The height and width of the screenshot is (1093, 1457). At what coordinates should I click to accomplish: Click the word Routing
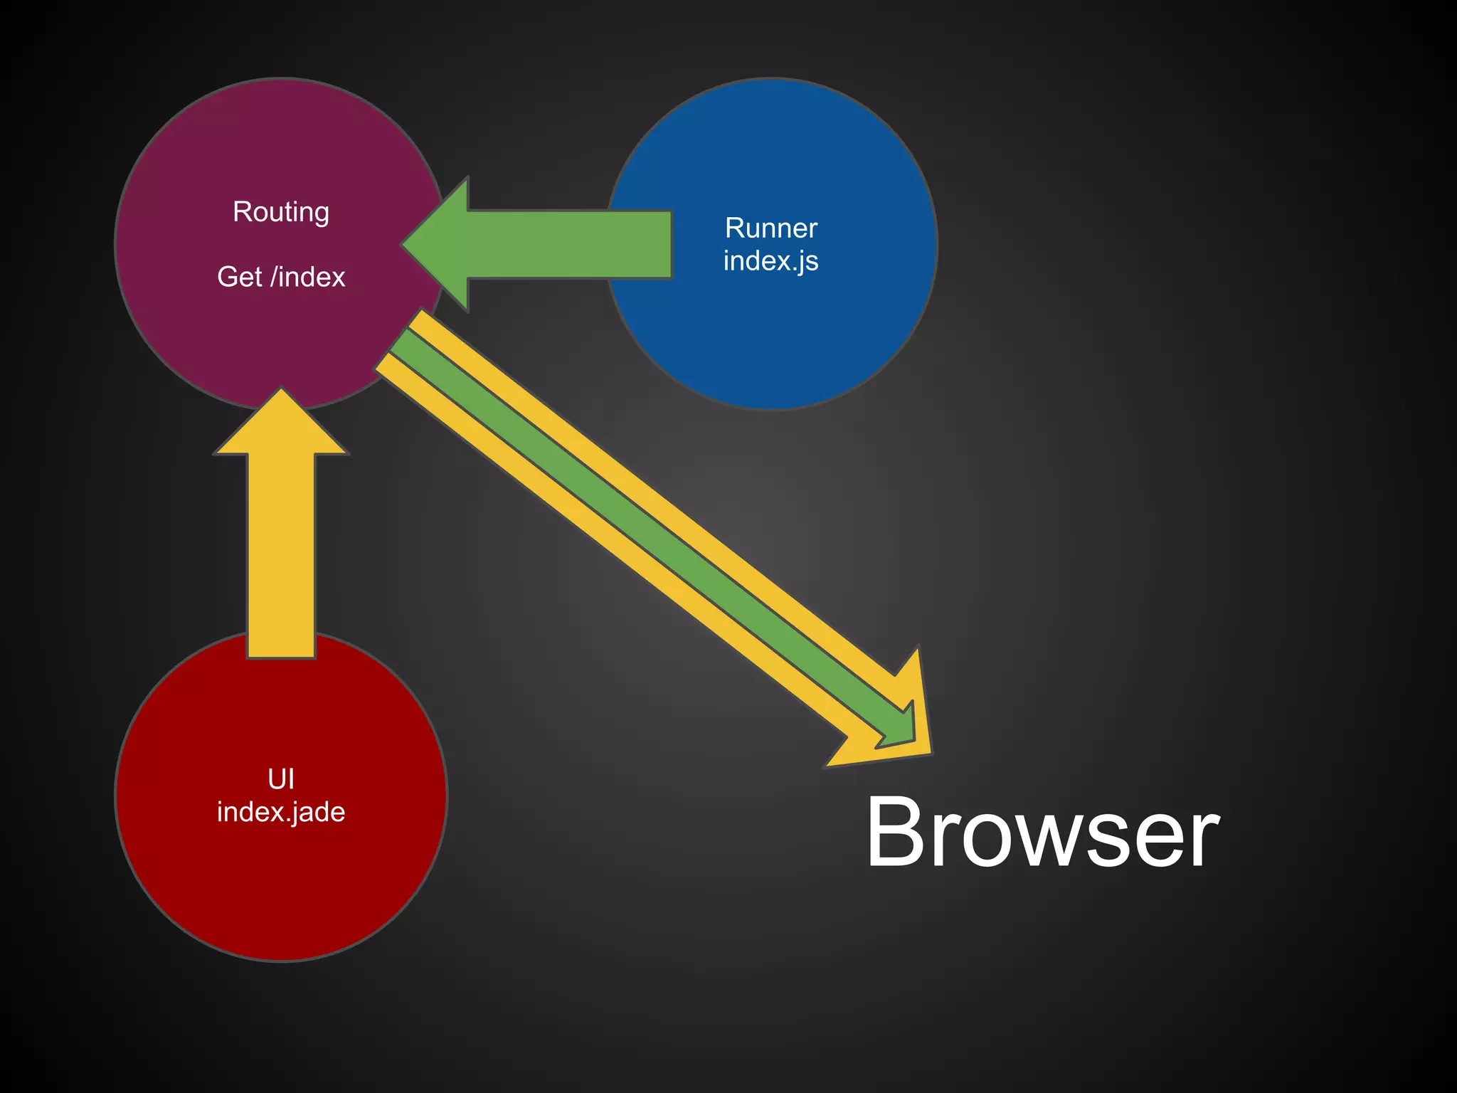[x=281, y=212]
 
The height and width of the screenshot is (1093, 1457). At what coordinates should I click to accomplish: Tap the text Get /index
[x=281, y=277]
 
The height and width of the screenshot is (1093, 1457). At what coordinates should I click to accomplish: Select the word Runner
[x=771, y=228]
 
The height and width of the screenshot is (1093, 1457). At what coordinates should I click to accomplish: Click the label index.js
[x=771, y=261]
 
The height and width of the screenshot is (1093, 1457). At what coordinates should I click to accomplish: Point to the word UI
[x=281, y=779]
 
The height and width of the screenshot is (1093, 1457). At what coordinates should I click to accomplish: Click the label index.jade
[x=281, y=812]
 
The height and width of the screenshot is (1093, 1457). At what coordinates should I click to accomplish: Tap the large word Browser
[x=1042, y=833]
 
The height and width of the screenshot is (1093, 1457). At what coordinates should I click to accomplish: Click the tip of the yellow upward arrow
[x=281, y=391]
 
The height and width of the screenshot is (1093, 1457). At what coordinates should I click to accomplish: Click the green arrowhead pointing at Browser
[x=900, y=729]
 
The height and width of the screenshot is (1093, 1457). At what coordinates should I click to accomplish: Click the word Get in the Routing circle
[x=239, y=277]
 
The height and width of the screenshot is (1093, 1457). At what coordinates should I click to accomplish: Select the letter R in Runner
[x=733, y=228]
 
